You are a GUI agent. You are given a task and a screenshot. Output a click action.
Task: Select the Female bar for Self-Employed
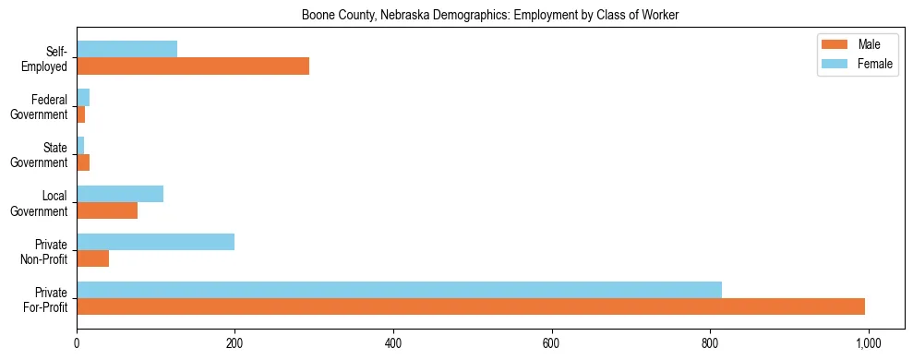pyautogui.click(x=126, y=50)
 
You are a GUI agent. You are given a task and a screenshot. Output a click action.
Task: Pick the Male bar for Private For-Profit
pyautogui.click(x=471, y=306)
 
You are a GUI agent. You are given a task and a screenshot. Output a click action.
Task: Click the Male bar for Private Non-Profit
pyautogui.click(x=92, y=258)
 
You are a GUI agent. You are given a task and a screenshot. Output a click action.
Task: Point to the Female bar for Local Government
pyautogui.click(x=120, y=194)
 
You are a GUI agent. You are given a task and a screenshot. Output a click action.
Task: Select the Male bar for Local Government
pyautogui.click(x=107, y=210)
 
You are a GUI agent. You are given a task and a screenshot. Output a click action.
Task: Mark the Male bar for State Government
pyautogui.click(x=83, y=162)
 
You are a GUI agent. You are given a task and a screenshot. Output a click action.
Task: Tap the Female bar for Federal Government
pyautogui.click(x=83, y=98)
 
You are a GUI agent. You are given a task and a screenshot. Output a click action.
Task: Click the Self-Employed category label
pyautogui.click(x=45, y=59)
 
